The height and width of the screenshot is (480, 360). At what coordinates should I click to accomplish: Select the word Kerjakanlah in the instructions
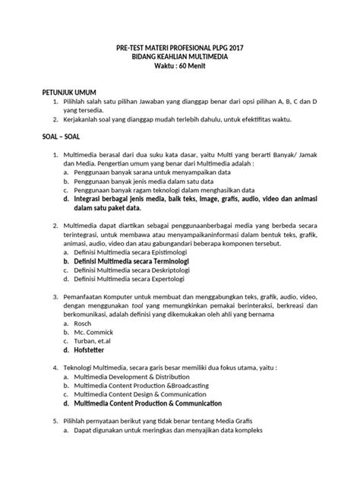(x=87, y=119)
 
